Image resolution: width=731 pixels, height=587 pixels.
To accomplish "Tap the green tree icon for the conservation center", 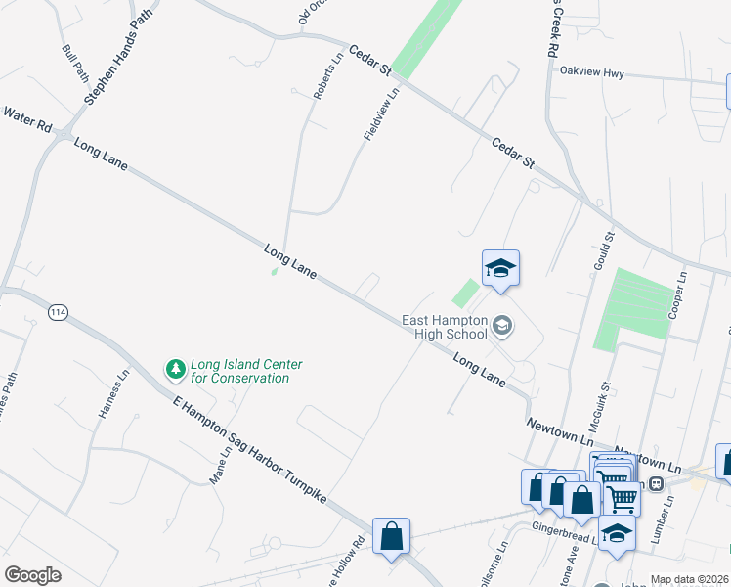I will click(x=175, y=370).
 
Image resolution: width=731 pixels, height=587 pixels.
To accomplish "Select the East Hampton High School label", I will click(x=445, y=327).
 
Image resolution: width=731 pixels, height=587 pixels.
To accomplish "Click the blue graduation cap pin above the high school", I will click(x=500, y=269).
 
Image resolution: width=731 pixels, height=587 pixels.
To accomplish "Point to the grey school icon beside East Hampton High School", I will click(x=502, y=326).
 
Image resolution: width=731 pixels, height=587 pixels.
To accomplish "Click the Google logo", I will click(x=33, y=575).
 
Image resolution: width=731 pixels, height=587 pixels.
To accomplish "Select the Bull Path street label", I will click(x=75, y=63).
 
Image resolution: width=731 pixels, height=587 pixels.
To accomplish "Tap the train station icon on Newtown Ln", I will click(x=657, y=482).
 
